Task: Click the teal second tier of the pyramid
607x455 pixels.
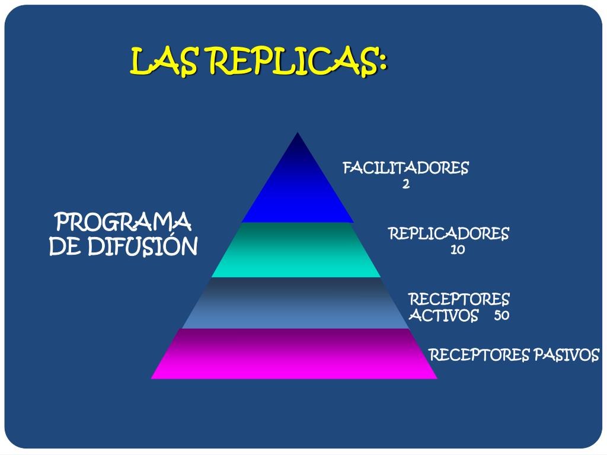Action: tap(296, 250)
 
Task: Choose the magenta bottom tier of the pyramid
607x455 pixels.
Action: tap(295, 354)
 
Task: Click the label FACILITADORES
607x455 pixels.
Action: tap(405, 168)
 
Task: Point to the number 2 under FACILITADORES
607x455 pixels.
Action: tap(405, 184)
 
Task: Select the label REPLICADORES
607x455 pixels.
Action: tap(449, 233)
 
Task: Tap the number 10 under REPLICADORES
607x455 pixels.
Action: tap(457, 249)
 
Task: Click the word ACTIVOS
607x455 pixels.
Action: tap(443, 315)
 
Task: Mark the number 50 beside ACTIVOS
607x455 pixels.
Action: tap(501, 315)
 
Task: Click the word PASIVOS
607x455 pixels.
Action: tap(566, 355)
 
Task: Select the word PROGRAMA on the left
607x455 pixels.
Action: tap(123, 223)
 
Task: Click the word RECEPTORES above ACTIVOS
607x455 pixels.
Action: tap(459, 299)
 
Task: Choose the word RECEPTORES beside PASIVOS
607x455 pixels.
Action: tap(478, 355)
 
